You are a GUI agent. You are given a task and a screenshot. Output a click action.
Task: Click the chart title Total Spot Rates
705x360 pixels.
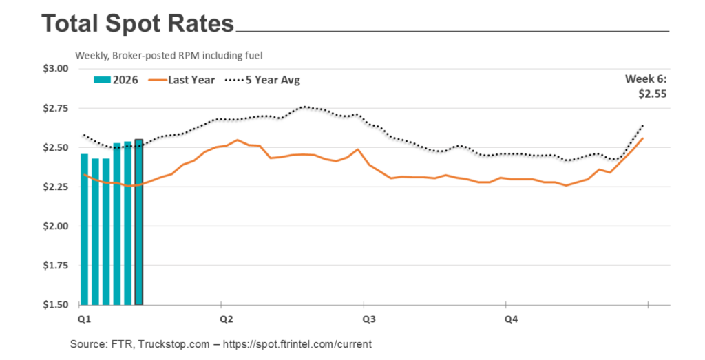[138, 24]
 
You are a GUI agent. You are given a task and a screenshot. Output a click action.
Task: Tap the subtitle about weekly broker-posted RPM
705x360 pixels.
[169, 55]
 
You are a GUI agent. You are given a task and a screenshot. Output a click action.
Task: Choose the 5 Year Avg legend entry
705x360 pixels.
[263, 80]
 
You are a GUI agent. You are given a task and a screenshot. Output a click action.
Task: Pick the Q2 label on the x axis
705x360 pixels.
[224, 319]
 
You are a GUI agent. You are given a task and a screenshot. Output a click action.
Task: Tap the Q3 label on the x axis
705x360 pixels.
[368, 319]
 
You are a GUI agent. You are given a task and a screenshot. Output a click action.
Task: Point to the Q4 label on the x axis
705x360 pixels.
[512, 319]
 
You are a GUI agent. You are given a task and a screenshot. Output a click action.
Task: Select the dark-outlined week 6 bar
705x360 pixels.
[139, 222]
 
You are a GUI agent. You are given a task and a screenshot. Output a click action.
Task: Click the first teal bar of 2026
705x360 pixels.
[84, 229]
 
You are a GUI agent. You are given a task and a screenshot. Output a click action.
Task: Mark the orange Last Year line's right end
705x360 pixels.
[642, 139]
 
